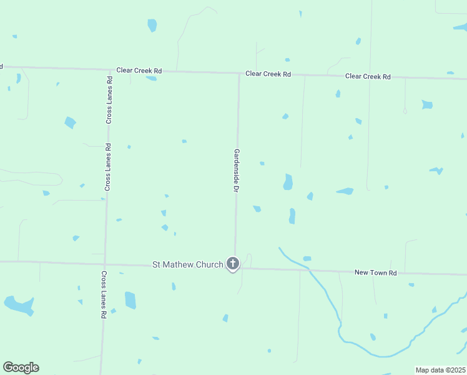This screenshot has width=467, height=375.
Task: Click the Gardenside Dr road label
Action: [x=237, y=169]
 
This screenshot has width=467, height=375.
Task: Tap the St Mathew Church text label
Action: [x=187, y=265]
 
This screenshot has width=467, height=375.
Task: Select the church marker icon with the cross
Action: [x=233, y=264]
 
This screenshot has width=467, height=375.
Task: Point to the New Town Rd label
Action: [x=375, y=272]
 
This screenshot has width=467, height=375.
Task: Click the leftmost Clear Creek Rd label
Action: [x=139, y=71]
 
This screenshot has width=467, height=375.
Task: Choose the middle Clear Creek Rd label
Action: [x=268, y=74]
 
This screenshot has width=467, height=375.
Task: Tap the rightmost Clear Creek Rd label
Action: [x=368, y=76]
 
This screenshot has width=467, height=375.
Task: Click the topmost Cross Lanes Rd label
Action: [x=109, y=100]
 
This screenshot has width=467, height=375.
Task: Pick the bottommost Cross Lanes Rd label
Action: [x=104, y=295]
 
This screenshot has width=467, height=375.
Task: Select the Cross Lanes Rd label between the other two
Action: [x=107, y=167]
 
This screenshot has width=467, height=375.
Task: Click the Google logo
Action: [x=21, y=367]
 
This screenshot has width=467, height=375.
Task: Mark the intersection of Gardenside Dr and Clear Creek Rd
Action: [x=238, y=73]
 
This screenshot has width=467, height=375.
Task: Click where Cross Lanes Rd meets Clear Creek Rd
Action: [x=110, y=69]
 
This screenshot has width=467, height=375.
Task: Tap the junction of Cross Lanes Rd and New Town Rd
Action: [x=105, y=264]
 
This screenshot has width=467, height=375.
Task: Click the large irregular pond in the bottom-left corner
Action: [x=19, y=305]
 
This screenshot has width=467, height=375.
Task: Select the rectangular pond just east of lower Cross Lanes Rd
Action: [x=130, y=300]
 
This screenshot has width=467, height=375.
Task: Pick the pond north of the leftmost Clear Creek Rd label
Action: [x=152, y=25]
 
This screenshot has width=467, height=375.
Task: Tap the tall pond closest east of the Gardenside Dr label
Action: [x=288, y=181]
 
